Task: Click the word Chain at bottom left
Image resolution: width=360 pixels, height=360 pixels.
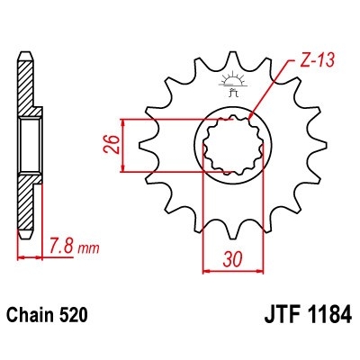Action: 30,317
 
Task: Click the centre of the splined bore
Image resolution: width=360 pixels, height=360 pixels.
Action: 233,145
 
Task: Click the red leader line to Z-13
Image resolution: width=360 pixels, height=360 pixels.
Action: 270,90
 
